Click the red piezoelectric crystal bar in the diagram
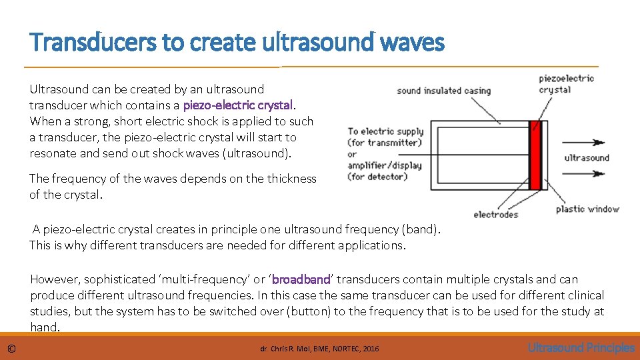(533, 160)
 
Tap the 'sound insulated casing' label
(443, 91)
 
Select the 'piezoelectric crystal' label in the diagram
(566, 84)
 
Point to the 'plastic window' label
(587, 209)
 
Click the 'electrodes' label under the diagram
(495, 215)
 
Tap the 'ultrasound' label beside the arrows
(587, 158)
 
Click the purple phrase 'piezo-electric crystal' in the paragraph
(237, 105)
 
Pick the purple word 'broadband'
(301, 279)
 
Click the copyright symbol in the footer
(11, 348)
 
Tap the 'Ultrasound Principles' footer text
(581, 347)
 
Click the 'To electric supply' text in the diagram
(385, 131)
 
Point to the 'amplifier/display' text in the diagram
(385, 165)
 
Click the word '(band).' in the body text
(421, 229)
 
